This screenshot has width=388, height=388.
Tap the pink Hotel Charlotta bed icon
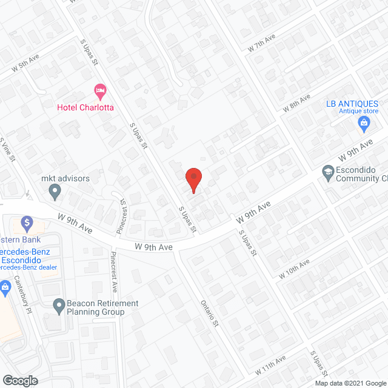click(100, 92)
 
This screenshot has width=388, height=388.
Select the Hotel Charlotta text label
click(85, 108)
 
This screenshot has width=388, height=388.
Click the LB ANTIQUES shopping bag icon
click(364, 125)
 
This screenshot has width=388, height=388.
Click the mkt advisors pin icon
click(55, 193)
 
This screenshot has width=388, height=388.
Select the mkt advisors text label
click(65, 179)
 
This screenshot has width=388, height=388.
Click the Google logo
click(19, 380)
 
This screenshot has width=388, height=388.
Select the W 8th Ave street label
click(296, 103)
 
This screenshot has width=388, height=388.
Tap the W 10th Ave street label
click(295, 269)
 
